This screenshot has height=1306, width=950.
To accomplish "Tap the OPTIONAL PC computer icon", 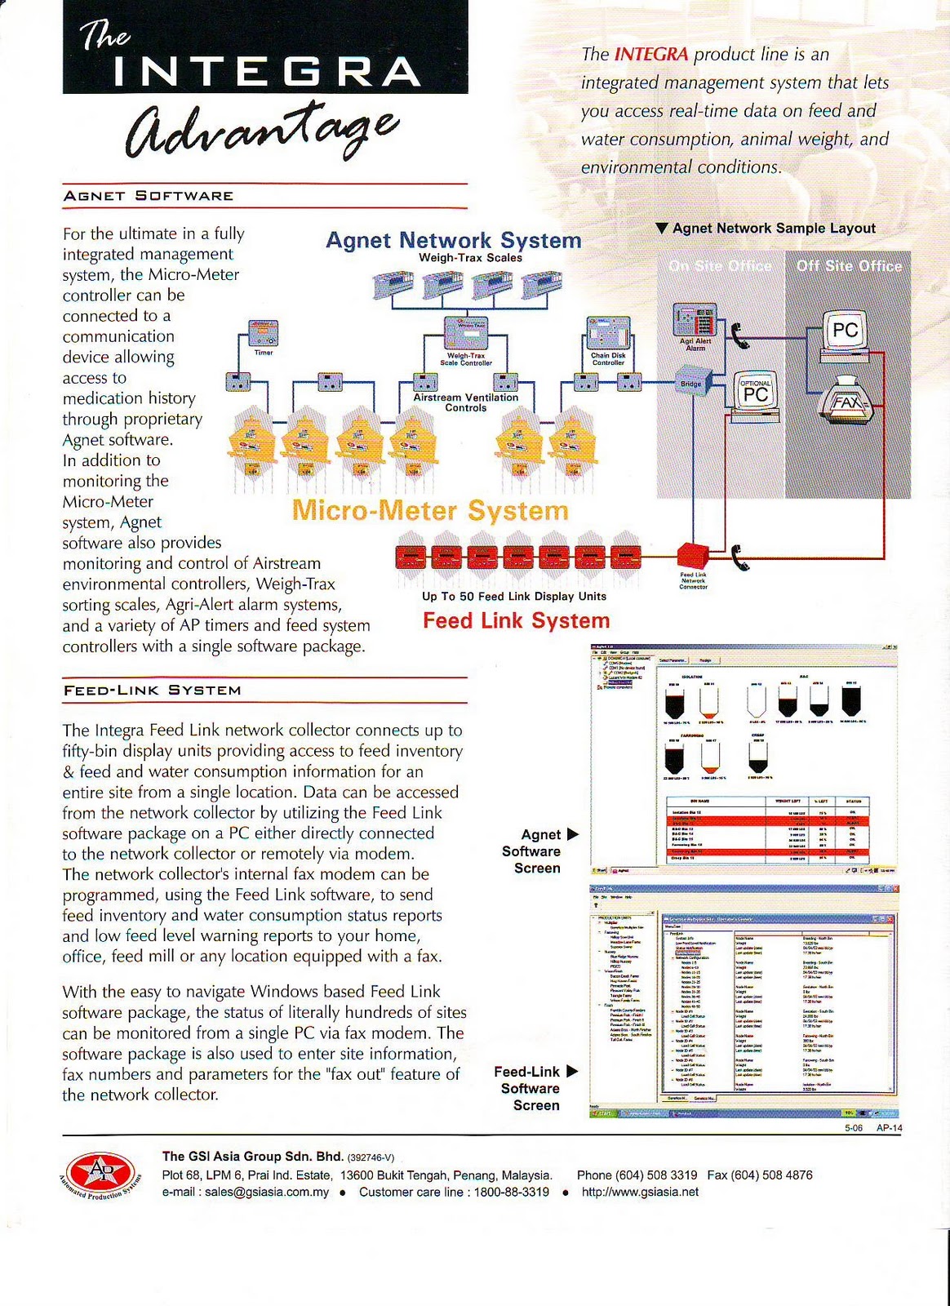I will [753, 394].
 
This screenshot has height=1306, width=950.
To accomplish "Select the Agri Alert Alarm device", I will [695, 320].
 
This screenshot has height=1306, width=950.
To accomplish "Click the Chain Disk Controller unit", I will [608, 335].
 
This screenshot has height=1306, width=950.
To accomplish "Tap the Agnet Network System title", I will [453, 240].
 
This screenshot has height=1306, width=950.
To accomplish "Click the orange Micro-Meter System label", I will [430, 511].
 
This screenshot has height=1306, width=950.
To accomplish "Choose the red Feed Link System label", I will [516, 621].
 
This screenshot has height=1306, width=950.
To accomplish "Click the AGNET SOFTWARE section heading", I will [149, 196].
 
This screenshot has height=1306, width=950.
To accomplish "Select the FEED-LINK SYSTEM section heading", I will [153, 691].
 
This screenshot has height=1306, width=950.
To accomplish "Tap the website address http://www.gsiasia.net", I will [640, 1192].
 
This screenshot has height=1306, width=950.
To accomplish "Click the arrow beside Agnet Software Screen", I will [572, 834].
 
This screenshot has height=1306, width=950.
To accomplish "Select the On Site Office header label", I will [720, 266].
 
